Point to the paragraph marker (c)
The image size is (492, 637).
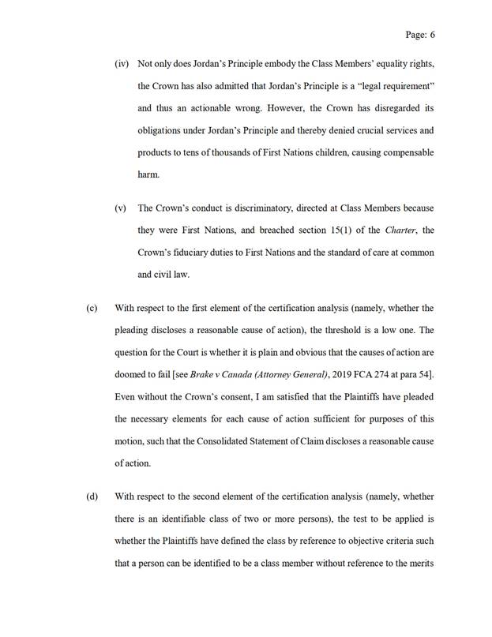pos(91,307)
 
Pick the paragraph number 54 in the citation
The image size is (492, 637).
pos(422,372)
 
